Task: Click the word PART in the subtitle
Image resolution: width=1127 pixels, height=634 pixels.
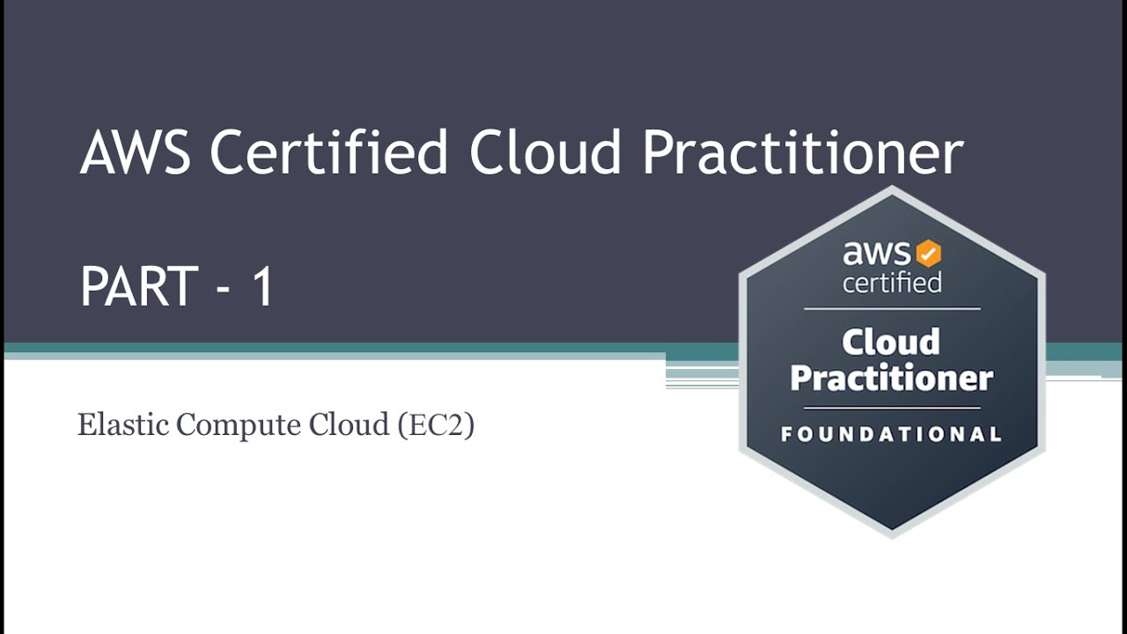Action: [138, 287]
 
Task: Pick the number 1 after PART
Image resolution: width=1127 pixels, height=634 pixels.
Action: [262, 287]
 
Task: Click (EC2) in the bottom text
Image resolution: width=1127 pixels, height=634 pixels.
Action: [436, 425]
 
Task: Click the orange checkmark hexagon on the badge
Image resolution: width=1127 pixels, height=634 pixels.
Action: [928, 254]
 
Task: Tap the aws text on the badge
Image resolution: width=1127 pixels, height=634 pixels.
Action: [877, 254]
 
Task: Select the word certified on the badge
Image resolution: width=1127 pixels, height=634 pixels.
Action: [891, 283]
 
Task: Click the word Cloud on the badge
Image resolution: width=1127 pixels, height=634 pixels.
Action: [891, 342]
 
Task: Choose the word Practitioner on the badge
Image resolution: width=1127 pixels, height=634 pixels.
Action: [891, 379]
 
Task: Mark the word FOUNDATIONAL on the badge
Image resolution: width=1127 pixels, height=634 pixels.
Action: [891, 434]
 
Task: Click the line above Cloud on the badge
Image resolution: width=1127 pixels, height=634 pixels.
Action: [891, 309]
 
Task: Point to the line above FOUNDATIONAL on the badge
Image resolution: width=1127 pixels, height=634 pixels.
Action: [891, 409]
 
